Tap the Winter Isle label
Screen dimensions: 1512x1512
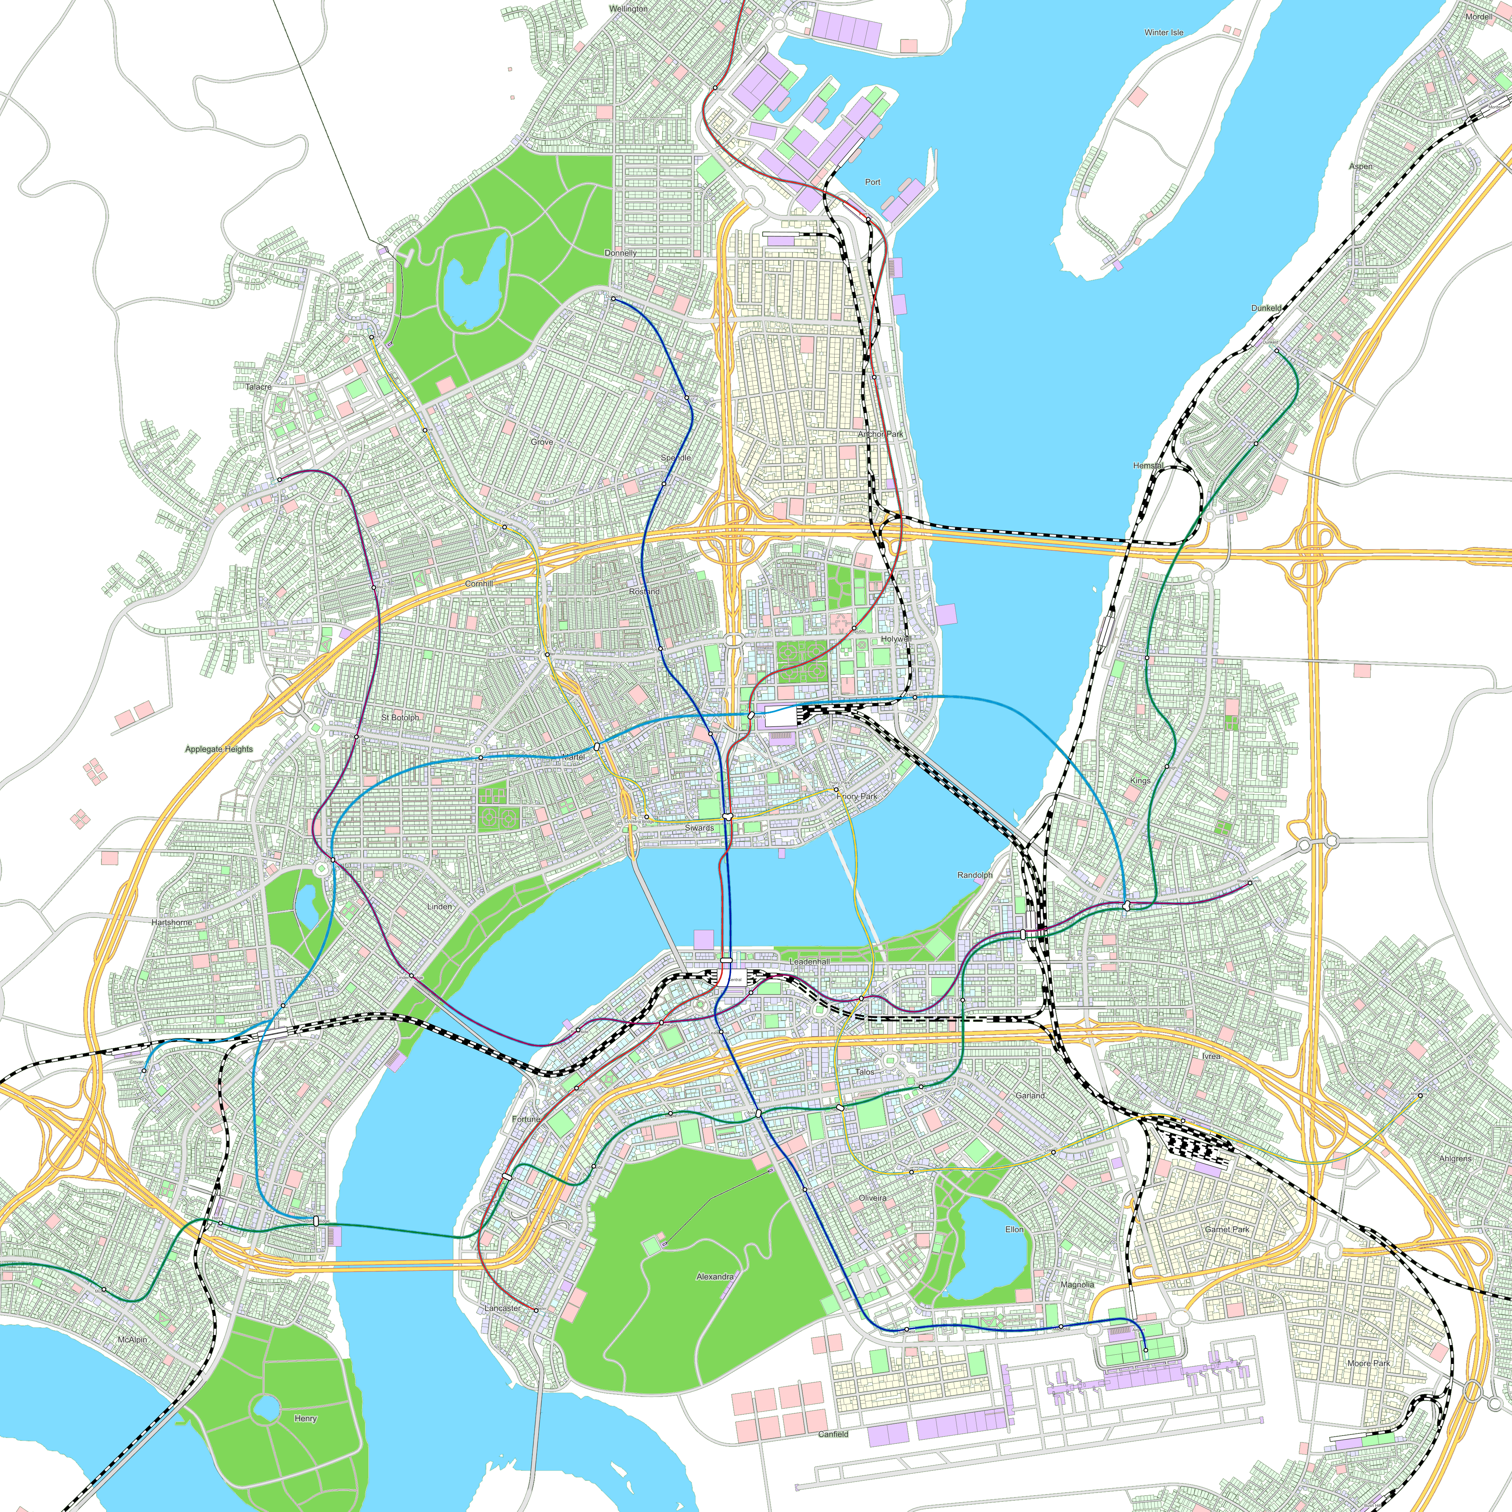coord(1164,33)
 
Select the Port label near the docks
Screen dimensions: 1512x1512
coord(873,182)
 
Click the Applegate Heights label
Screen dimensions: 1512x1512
coord(219,749)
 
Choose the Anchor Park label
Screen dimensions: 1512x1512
coord(880,434)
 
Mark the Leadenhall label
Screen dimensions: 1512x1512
coord(809,961)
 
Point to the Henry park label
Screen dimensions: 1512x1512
coord(305,1418)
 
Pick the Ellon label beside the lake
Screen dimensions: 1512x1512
coord(1014,1230)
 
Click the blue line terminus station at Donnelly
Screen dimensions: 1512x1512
coord(613,299)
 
